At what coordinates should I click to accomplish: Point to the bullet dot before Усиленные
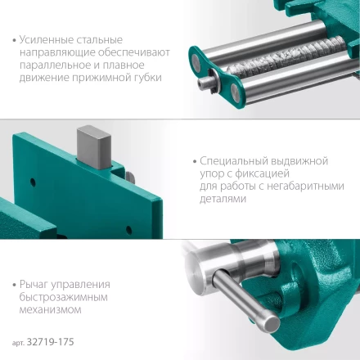pos(17,40)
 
